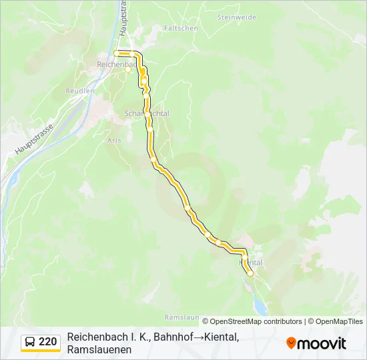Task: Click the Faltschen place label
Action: click(181, 29)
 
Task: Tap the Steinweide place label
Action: click(236, 17)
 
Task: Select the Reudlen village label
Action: click(79, 91)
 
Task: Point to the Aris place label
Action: click(113, 141)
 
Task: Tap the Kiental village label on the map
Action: click(251, 263)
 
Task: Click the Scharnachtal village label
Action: click(147, 113)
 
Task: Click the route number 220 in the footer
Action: click(47, 342)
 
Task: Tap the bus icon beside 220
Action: click(31, 342)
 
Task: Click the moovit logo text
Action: click(322, 343)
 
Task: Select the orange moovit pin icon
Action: click(291, 343)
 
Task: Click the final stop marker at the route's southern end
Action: click(250, 273)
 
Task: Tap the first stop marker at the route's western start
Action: click(117, 53)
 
